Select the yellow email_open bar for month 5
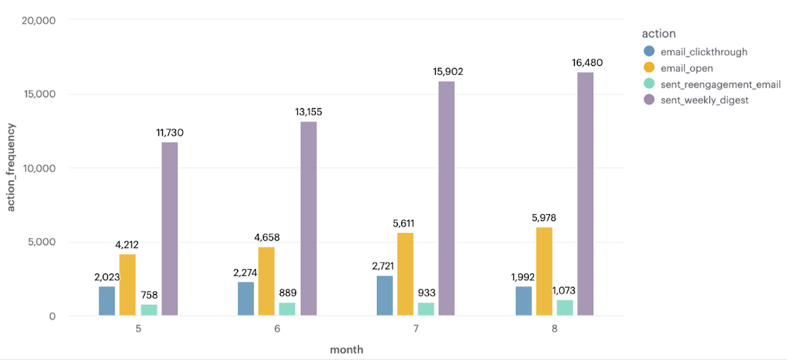click(127, 285)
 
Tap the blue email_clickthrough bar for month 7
click(385, 296)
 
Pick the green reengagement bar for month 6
click(287, 309)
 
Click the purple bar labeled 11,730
click(170, 229)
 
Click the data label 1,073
click(565, 290)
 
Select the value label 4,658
click(266, 238)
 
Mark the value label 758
click(149, 294)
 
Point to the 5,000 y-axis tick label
click(40, 242)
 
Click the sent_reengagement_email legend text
click(720, 84)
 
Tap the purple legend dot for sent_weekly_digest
click(649, 100)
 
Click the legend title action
click(658, 34)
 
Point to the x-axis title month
click(346, 350)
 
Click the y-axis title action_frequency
click(11, 167)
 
